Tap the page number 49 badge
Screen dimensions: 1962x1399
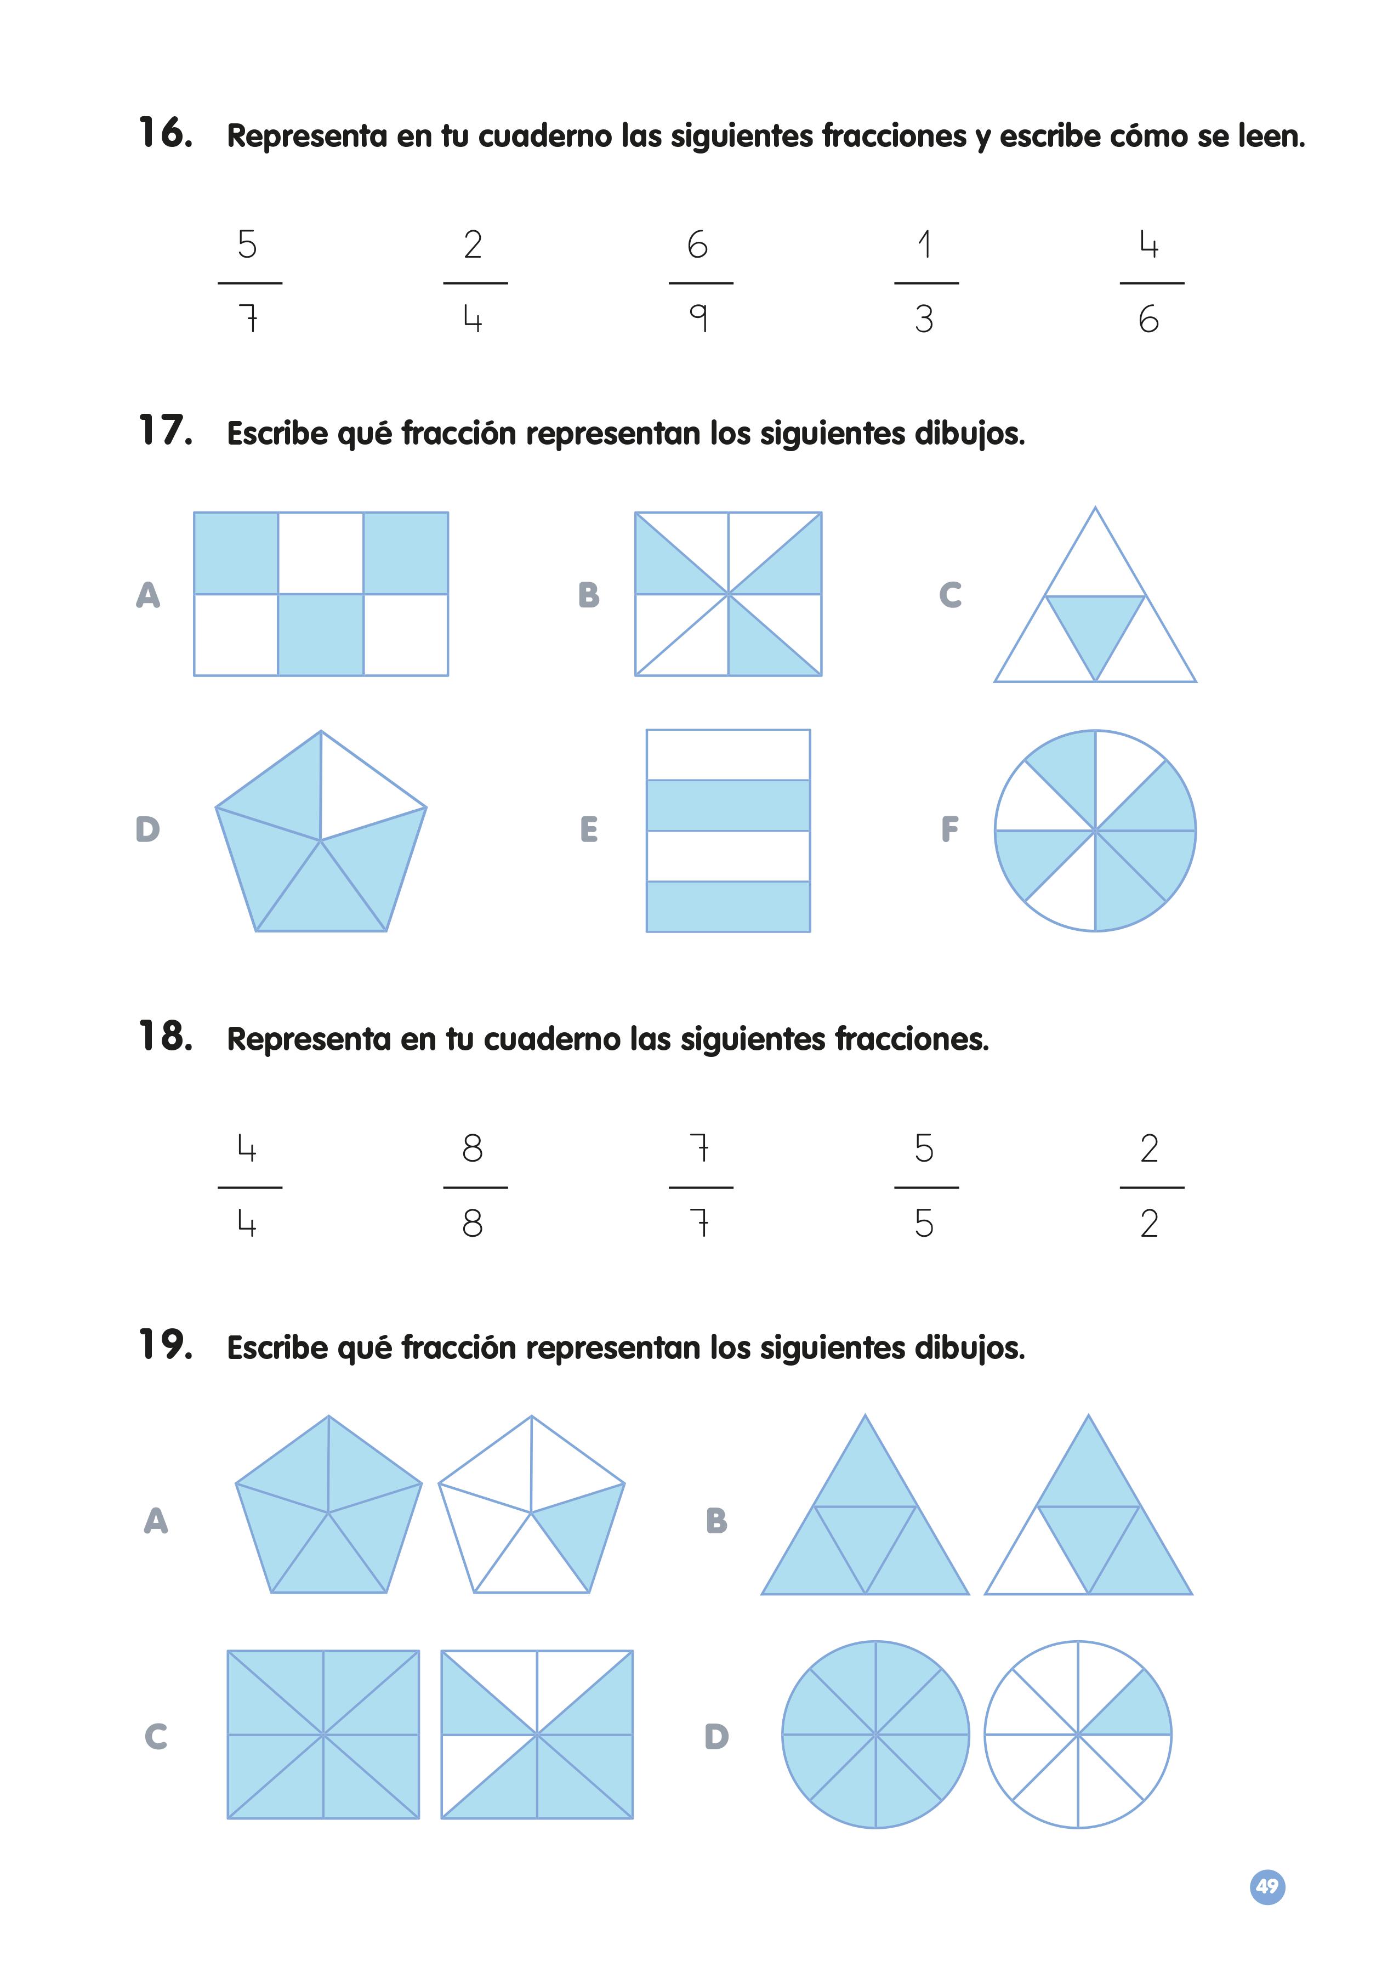pyautogui.click(x=1266, y=1886)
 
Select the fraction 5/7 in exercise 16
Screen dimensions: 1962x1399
pyautogui.click(x=249, y=282)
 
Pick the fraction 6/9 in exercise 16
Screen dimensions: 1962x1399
pyautogui.click(x=699, y=282)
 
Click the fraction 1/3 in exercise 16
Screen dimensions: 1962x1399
pyautogui.click(x=925, y=282)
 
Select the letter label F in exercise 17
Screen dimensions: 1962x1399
pyautogui.click(x=949, y=829)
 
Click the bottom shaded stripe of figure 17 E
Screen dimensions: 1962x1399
pyautogui.click(x=728, y=906)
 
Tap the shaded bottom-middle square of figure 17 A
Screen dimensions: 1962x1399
pyautogui.click(x=321, y=635)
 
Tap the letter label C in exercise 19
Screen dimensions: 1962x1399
pyautogui.click(x=156, y=1736)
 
